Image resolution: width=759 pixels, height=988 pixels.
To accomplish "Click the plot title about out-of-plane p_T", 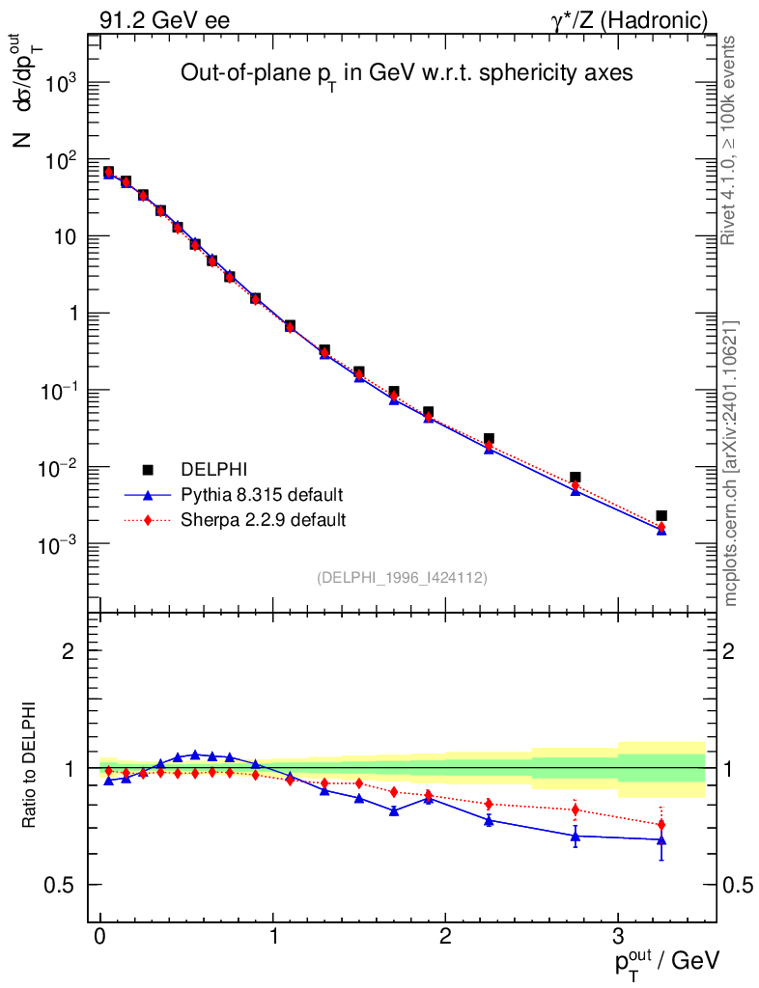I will click(x=407, y=74).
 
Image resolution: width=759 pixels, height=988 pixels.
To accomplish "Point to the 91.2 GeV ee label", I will click(x=163, y=19).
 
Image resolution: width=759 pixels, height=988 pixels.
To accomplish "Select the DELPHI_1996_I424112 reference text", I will click(x=402, y=578).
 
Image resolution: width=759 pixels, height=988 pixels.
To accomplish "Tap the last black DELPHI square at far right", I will click(x=661, y=516).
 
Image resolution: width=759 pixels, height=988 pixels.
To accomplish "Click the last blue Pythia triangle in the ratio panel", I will click(x=661, y=839).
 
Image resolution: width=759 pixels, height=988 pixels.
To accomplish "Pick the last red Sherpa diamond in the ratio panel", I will click(x=661, y=825).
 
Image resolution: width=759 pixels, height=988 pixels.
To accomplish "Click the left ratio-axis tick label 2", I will click(x=69, y=650).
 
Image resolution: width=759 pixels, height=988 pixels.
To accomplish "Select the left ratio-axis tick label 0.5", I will click(x=62, y=885).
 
